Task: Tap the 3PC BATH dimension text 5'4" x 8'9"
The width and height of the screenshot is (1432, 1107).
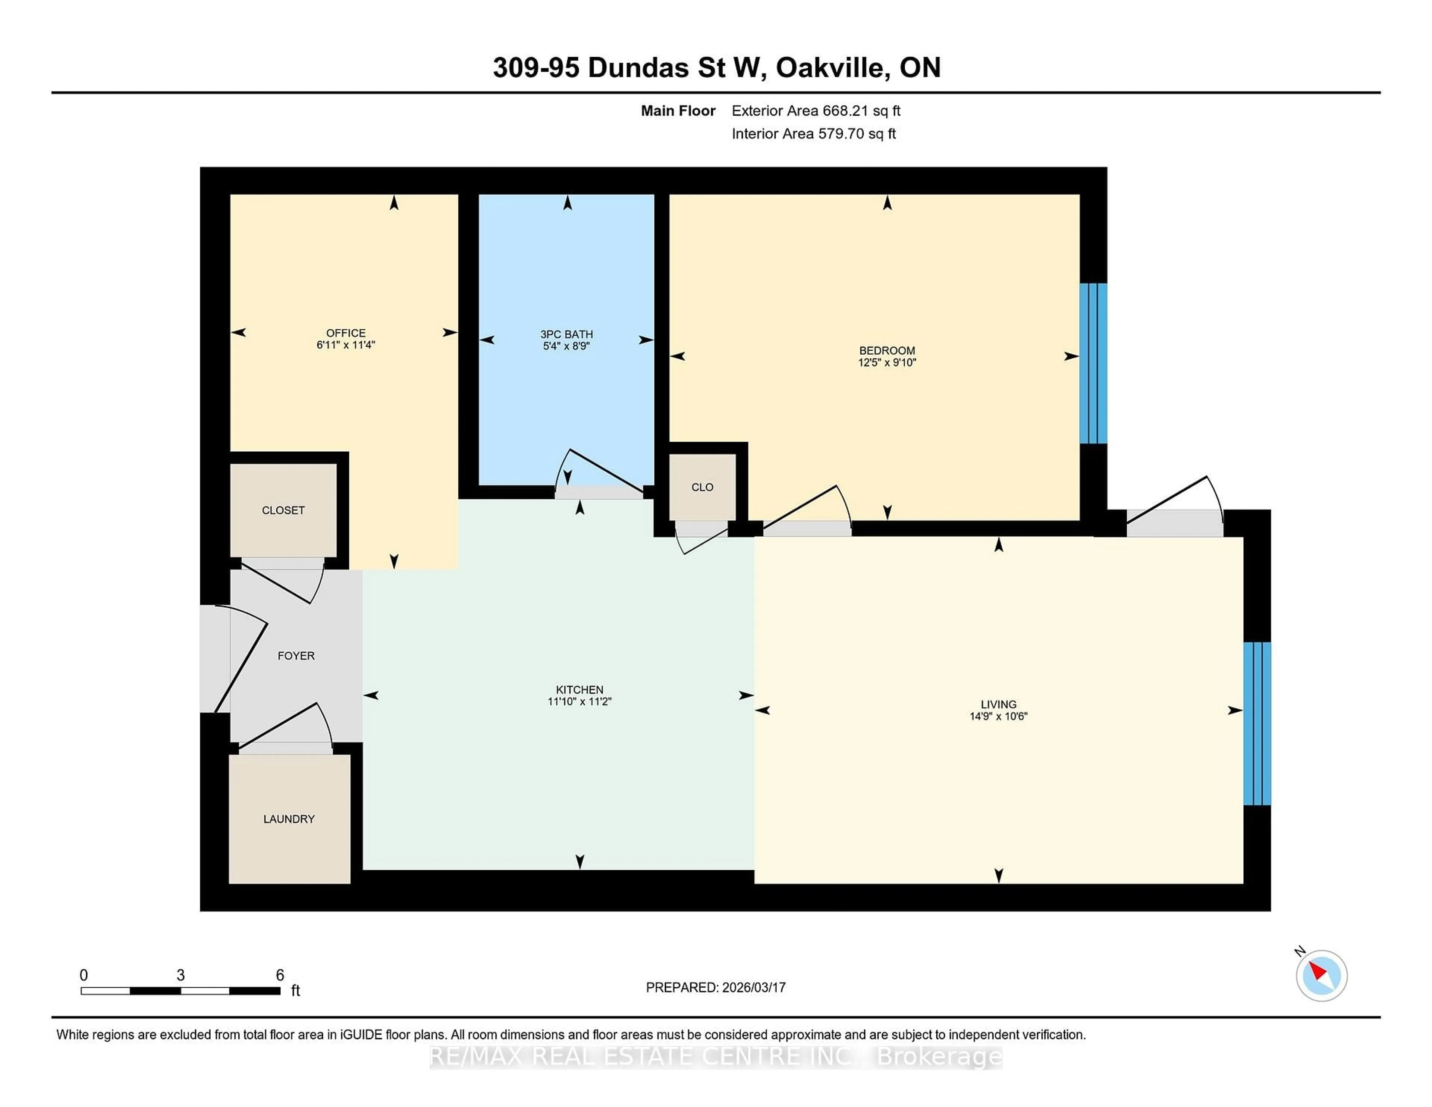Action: tap(566, 346)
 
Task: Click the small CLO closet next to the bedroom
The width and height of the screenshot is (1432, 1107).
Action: tap(702, 487)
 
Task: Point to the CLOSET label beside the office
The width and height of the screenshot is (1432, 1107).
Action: tap(283, 510)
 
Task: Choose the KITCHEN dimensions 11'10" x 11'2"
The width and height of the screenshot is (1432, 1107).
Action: tap(579, 702)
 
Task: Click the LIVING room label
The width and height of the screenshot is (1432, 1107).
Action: tap(998, 704)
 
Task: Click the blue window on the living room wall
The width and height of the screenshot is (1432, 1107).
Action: tap(1257, 723)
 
